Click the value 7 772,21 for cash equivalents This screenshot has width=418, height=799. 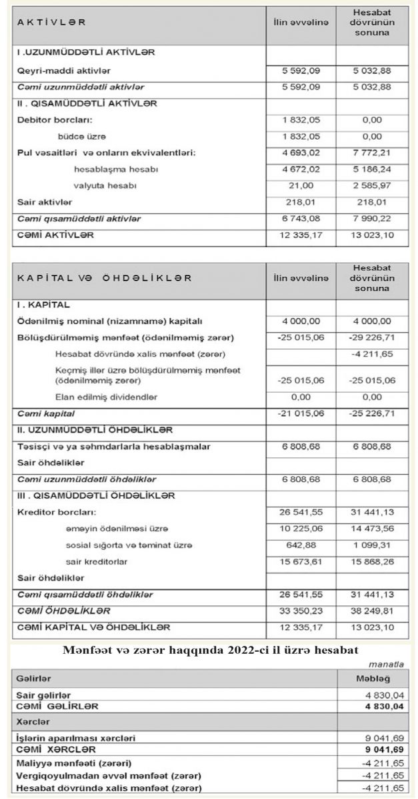pyautogui.click(x=372, y=152)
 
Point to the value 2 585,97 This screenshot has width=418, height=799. pyautogui.click(x=372, y=184)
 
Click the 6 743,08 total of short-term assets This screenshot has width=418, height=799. pyautogui.click(x=301, y=218)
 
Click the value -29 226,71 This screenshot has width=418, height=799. pyautogui.click(x=372, y=337)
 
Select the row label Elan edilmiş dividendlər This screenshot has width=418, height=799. pyautogui.click(x=107, y=396)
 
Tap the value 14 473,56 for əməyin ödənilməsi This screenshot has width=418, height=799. pyautogui.click(x=372, y=529)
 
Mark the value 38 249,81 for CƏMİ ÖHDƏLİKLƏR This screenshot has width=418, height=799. pyautogui.click(x=372, y=610)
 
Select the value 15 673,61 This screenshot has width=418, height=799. pyautogui.click(x=301, y=562)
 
